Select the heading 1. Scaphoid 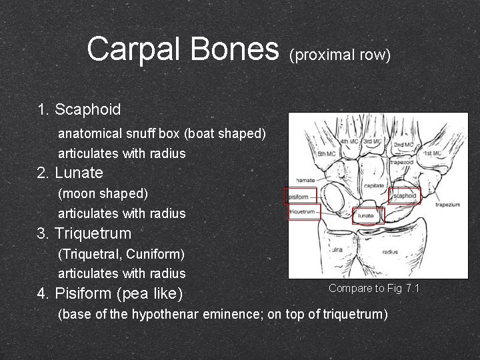[79, 109]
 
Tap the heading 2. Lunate [70, 173]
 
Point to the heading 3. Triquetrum [85, 233]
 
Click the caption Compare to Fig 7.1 [373, 288]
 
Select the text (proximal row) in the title [339, 55]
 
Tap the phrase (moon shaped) [103, 193]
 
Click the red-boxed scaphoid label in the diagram [405, 196]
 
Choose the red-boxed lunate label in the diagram [365, 215]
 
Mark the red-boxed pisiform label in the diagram [300, 197]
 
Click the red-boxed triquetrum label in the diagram [303, 211]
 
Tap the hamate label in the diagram [305, 181]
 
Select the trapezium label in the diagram [447, 205]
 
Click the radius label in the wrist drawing [391, 252]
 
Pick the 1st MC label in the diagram [433, 153]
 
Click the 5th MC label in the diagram [327, 154]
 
